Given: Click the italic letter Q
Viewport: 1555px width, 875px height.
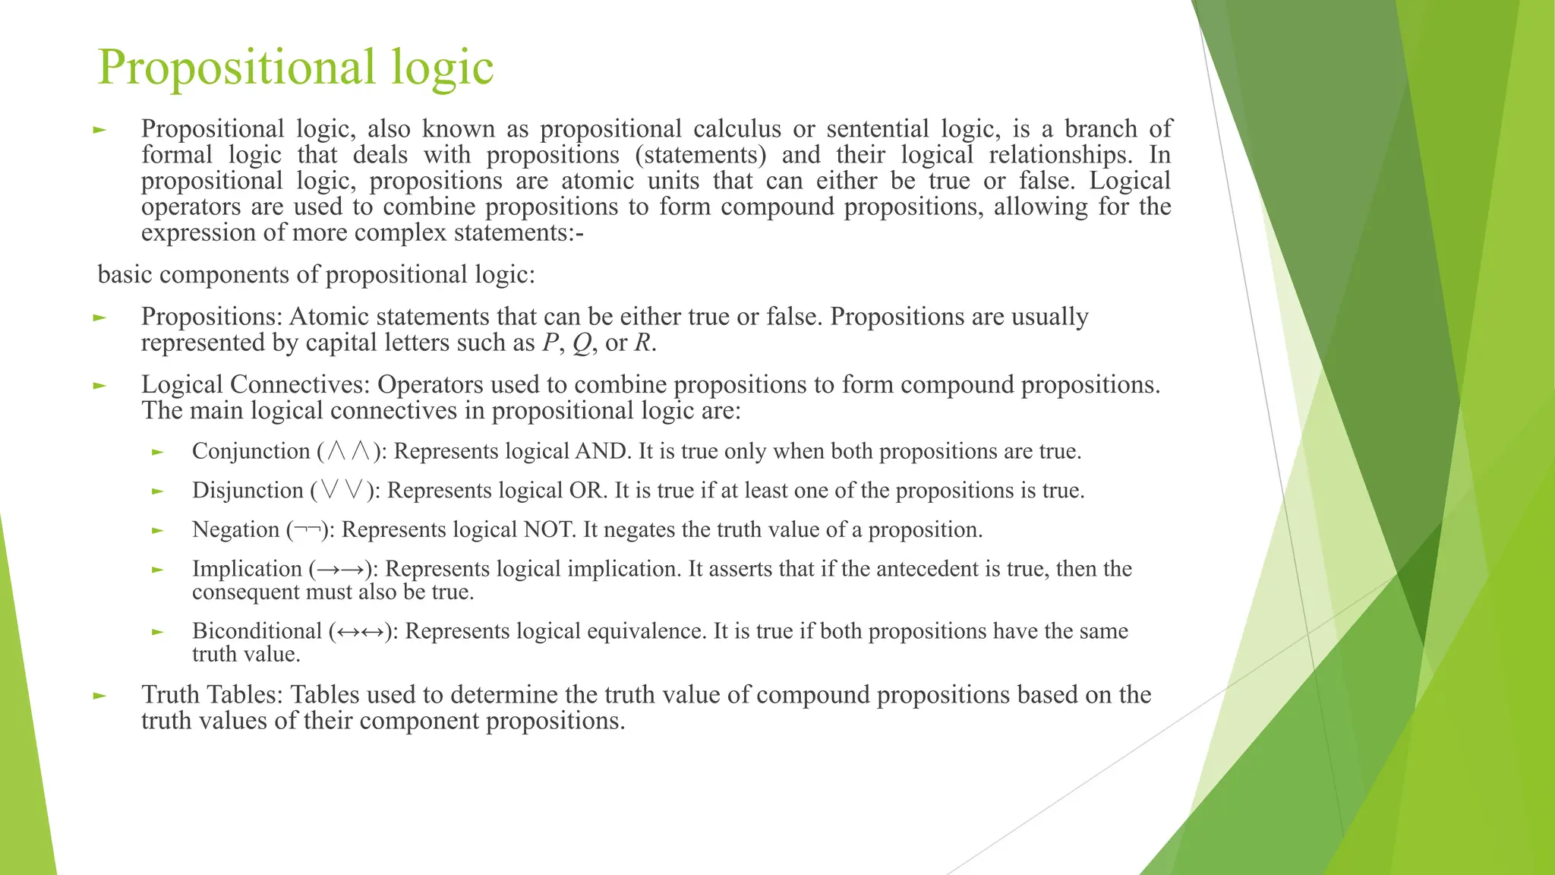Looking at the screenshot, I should [582, 343].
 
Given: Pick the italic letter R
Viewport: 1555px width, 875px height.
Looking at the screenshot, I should [642, 343].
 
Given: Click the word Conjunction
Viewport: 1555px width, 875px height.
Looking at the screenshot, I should [251, 451].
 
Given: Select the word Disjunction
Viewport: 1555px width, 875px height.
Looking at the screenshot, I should [248, 491].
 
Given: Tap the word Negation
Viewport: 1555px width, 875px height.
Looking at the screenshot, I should [235, 529].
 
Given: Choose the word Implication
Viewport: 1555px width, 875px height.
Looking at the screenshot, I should [247, 569].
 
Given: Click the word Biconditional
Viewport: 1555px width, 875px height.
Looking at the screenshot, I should [257, 631].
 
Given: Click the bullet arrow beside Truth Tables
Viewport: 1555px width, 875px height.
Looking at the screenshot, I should [99, 696].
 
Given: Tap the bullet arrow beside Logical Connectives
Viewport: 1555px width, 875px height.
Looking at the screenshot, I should [99, 386].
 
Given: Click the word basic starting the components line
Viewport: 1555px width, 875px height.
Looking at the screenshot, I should [125, 274].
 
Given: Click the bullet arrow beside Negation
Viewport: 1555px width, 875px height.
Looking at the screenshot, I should [158, 531].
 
